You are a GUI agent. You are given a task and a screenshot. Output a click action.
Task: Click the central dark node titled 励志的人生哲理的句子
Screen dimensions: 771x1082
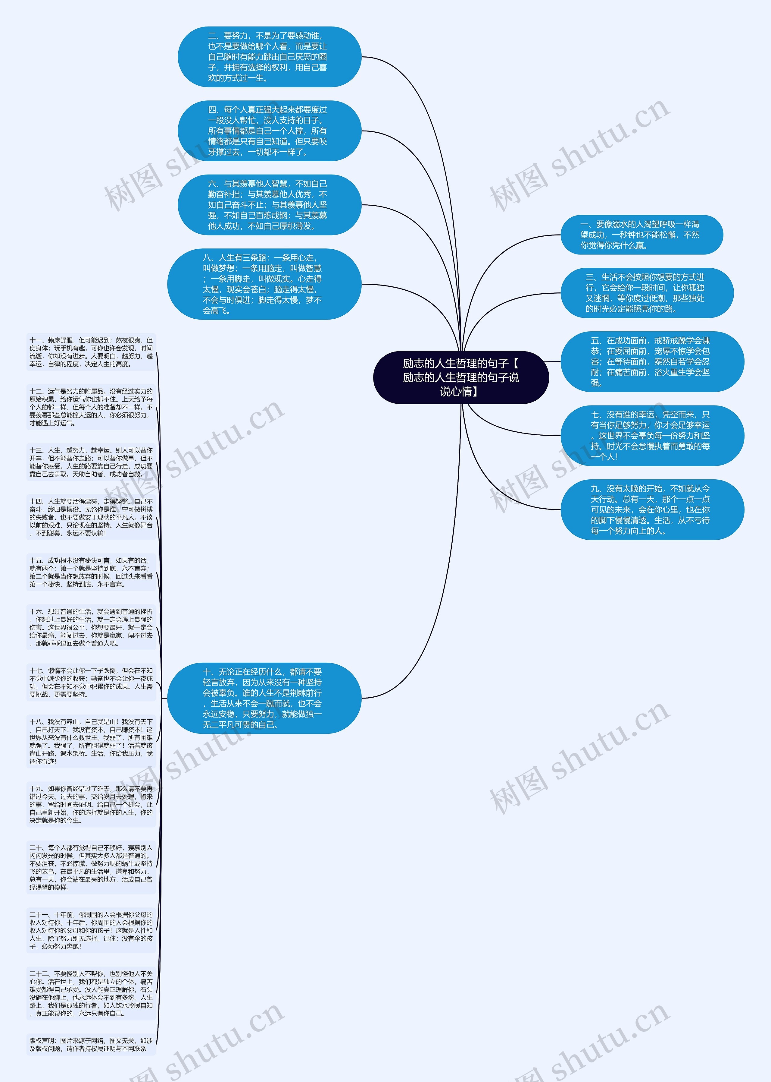click(x=460, y=377)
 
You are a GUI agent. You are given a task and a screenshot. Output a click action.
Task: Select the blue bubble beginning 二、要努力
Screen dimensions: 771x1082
click(x=269, y=57)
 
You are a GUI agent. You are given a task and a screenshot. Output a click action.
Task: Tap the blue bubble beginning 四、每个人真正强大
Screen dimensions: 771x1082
click(x=269, y=131)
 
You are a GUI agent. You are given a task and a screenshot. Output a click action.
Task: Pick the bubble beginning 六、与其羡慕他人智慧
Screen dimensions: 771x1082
click(x=269, y=205)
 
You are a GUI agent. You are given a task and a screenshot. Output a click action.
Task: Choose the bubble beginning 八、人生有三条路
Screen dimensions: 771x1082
click(x=264, y=284)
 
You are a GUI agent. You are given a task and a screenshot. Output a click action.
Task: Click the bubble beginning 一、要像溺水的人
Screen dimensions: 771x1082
click(x=641, y=235)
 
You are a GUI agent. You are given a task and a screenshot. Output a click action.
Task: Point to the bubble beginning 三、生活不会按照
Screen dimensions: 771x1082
click(x=647, y=293)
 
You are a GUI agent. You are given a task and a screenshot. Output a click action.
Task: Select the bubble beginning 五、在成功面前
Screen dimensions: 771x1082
click(x=652, y=361)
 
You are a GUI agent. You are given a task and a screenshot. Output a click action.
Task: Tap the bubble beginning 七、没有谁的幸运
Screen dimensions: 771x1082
click(x=652, y=435)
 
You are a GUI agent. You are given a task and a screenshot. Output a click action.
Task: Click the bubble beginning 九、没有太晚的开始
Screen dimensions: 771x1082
click(x=652, y=509)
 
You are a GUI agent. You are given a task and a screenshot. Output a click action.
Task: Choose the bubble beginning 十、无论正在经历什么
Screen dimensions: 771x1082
click(x=264, y=698)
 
